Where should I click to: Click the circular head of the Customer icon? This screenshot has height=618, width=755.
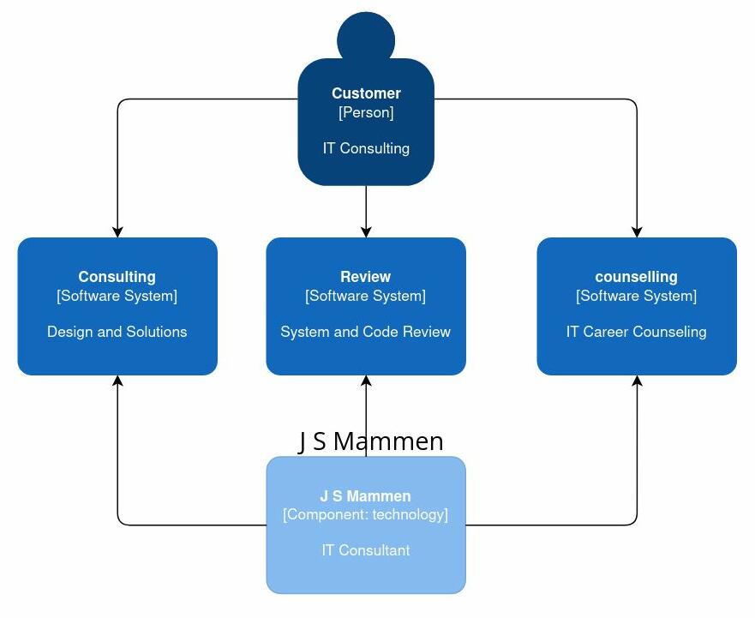pyautogui.click(x=366, y=39)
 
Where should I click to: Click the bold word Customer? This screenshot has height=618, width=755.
pyautogui.click(x=366, y=93)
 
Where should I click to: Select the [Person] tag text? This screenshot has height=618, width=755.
pyautogui.click(x=366, y=112)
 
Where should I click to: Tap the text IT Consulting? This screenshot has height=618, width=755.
pyautogui.click(x=366, y=148)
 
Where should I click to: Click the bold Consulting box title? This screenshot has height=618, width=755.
pyautogui.click(x=117, y=277)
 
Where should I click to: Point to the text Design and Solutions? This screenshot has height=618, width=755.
pyautogui.click(x=117, y=332)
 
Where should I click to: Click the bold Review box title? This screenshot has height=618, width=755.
pyautogui.click(x=365, y=277)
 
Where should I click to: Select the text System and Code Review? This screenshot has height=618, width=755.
pyautogui.click(x=365, y=332)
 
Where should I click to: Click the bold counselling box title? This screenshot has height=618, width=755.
pyautogui.click(x=636, y=277)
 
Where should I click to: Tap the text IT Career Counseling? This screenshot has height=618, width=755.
pyautogui.click(x=636, y=332)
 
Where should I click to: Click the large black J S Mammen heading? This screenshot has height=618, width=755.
pyautogui.click(x=371, y=441)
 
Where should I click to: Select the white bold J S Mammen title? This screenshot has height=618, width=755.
pyautogui.click(x=365, y=496)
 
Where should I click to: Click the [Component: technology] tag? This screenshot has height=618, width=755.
pyautogui.click(x=365, y=515)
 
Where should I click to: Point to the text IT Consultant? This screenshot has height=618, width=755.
pyautogui.click(x=365, y=550)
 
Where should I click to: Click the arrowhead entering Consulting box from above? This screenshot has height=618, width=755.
pyautogui.click(x=117, y=231)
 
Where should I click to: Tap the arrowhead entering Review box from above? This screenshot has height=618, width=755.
pyautogui.click(x=366, y=231)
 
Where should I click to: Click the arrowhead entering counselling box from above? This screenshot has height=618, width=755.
pyautogui.click(x=637, y=231)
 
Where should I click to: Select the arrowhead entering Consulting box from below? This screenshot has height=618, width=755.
pyautogui.click(x=117, y=381)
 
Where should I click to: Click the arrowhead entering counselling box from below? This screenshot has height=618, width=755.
pyautogui.click(x=637, y=381)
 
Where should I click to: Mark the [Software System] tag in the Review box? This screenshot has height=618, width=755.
pyautogui.click(x=365, y=296)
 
